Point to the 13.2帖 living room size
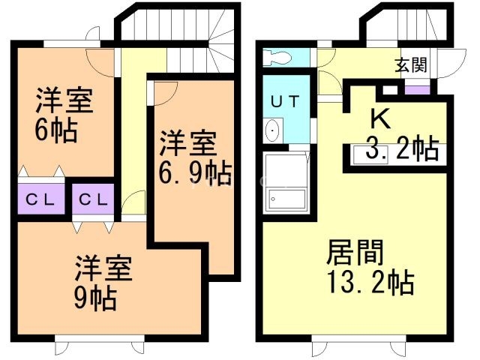pyautogui.click(x=368, y=283)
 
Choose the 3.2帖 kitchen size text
pyautogui.click(x=402, y=150)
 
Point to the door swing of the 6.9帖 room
pyautogui.click(x=165, y=91)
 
